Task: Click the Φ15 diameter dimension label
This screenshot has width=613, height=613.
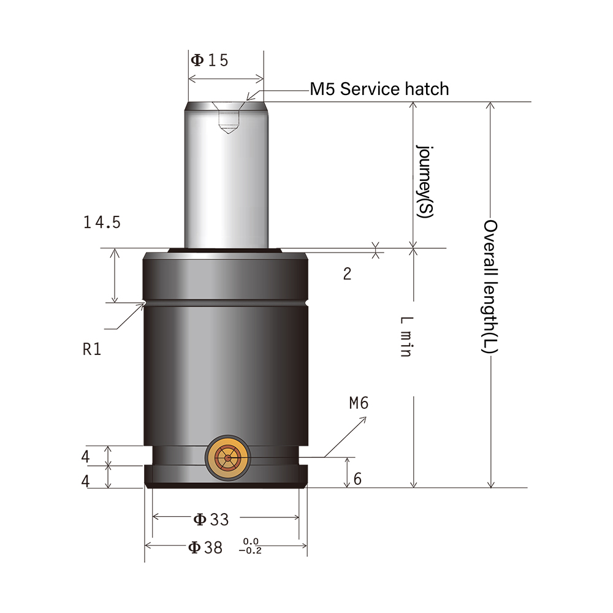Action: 210,60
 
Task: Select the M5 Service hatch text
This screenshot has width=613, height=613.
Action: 379,89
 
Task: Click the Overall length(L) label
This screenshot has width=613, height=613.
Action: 490,286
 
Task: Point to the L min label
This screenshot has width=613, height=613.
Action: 406,337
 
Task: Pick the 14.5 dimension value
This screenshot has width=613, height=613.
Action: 102,223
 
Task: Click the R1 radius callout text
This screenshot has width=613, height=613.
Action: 91,350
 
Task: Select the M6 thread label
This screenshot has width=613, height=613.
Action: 359,403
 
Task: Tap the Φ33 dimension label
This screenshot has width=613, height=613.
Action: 211,520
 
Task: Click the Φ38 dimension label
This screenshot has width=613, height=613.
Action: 205,547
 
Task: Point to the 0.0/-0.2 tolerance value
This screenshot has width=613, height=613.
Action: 252,546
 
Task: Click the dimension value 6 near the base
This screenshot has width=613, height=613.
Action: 357,479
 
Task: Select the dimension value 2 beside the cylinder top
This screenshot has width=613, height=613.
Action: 347,274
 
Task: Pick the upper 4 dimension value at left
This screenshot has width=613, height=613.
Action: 86,457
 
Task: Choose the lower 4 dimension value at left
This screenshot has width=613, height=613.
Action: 86,481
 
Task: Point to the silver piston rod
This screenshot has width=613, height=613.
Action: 227,178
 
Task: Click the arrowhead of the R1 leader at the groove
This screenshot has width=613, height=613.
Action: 143,303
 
